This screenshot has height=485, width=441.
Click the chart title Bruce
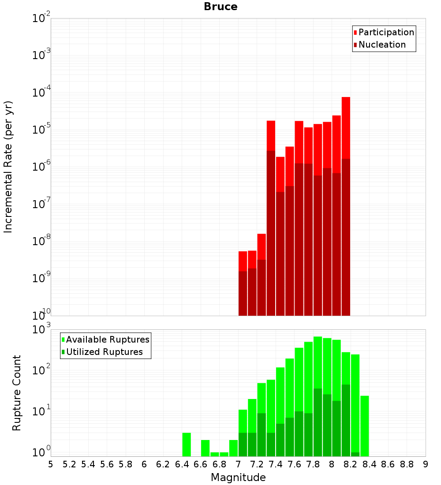[220, 7]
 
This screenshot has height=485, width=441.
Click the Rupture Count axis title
[17, 393]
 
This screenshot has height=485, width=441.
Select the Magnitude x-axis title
[238, 478]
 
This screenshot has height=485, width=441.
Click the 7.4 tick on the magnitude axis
[276, 464]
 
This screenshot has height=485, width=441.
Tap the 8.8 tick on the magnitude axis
[407, 464]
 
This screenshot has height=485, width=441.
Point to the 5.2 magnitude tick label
[69, 464]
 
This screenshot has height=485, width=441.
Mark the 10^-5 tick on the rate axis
[42, 130]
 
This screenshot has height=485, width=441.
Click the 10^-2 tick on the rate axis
[42, 19]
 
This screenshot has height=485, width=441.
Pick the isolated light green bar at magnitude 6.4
[187, 444]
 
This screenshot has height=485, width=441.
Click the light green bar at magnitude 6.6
[206, 448]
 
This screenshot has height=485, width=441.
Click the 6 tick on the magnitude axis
[144, 464]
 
